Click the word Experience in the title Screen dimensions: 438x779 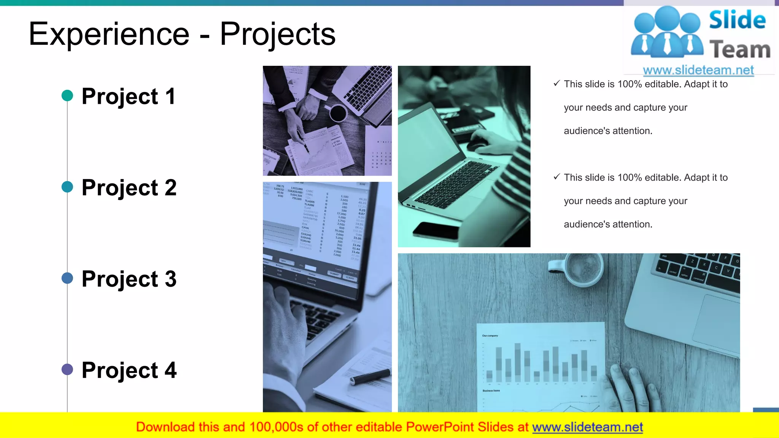(x=109, y=34)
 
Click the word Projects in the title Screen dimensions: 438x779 (x=278, y=34)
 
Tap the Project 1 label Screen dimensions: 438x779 (x=129, y=96)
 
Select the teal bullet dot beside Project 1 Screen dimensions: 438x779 (x=67, y=95)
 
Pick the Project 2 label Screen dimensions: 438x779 (x=129, y=187)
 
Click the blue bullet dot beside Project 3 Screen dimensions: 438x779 (x=67, y=278)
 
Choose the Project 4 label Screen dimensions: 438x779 (x=129, y=370)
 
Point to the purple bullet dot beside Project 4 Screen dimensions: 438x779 (x=67, y=369)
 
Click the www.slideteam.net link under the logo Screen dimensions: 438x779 (x=698, y=70)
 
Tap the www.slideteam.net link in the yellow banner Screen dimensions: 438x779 (x=587, y=427)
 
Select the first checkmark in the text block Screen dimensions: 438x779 (x=556, y=83)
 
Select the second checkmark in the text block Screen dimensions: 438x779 (x=556, y=177)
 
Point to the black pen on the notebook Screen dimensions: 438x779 (x=370, y=376)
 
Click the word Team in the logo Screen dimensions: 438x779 (x=739, y=50)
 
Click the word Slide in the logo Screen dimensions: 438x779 (x=737, y=20)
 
